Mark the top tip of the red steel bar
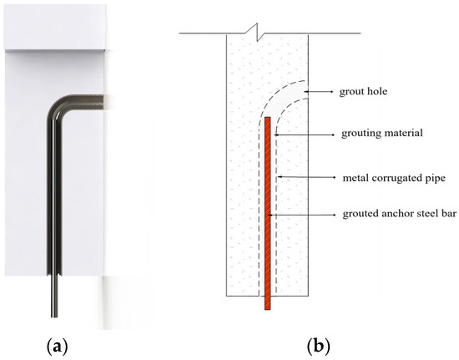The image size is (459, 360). [x=267, y=119]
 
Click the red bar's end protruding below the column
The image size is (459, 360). [x=267, y=304]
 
